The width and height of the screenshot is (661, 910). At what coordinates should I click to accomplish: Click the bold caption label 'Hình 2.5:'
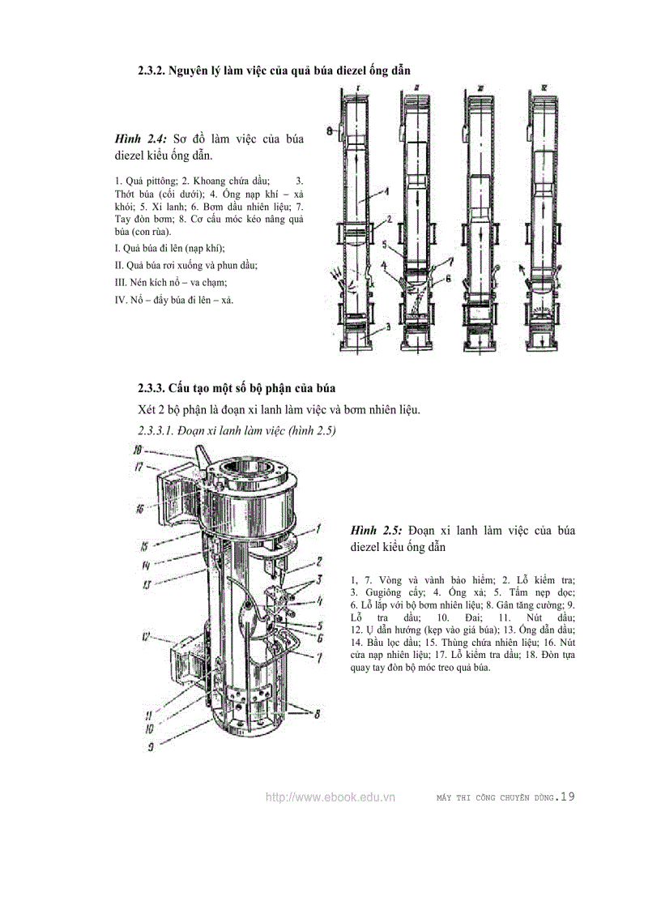click(377, 530)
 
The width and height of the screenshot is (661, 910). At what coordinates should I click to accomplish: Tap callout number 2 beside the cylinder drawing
click(320, 561)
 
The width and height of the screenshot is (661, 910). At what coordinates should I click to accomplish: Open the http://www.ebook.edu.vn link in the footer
click(330, 797)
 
